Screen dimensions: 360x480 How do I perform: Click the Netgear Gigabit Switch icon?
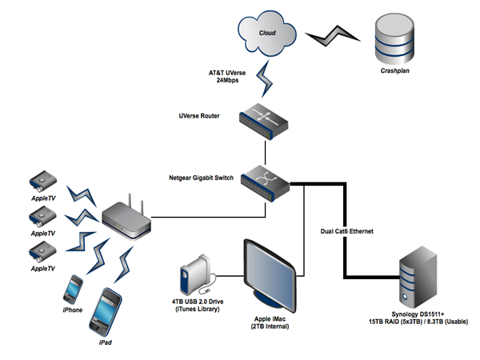(x=266, y=182)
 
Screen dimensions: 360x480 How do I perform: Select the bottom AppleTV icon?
(x=42, y=254)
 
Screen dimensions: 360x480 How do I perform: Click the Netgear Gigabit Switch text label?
(x=201, y=178)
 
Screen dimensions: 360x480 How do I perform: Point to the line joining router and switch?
(x=264, y=150)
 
